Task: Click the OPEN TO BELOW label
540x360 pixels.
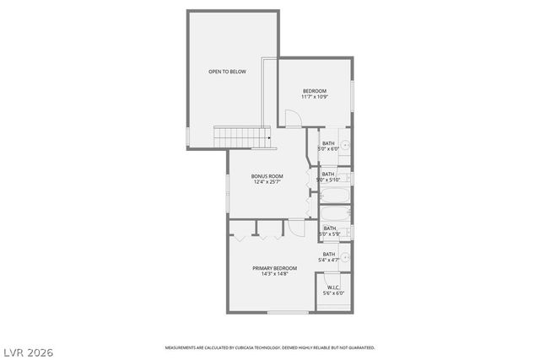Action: point(227,73)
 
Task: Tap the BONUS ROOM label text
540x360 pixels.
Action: point(267,175)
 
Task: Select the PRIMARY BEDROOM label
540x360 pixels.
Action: point(275,268)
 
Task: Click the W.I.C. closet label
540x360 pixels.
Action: point(333,287)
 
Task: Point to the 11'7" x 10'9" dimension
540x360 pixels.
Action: point(315,97)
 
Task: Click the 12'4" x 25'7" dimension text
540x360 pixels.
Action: point(267,181)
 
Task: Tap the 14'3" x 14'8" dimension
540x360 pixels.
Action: point(275,274)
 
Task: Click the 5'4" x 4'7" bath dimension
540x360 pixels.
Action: point(329,260)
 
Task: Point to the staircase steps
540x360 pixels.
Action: point(240,135)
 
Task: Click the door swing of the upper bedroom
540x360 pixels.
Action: point(292,119)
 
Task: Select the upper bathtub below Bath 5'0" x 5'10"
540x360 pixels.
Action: point(335,197)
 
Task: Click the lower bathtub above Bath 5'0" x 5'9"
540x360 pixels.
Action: point(335,212)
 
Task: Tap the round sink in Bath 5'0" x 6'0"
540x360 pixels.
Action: point(345,144)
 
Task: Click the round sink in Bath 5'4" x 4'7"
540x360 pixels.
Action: point(344,255)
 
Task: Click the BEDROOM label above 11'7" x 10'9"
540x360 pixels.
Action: point(315,91)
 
